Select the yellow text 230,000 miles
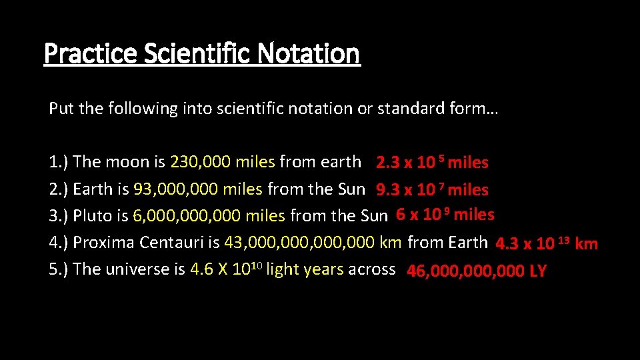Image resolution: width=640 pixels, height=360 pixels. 223,162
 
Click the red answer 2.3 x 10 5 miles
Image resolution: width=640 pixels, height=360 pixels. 432,163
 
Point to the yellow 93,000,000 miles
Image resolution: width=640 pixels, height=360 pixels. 198,189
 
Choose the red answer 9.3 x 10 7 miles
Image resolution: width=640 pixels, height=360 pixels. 432,190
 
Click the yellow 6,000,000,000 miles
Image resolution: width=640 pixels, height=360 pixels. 209,216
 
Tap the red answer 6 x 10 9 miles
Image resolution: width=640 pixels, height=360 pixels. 445,215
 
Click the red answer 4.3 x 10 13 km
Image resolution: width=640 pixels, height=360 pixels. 547,243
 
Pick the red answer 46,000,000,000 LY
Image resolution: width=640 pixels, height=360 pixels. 476,271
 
